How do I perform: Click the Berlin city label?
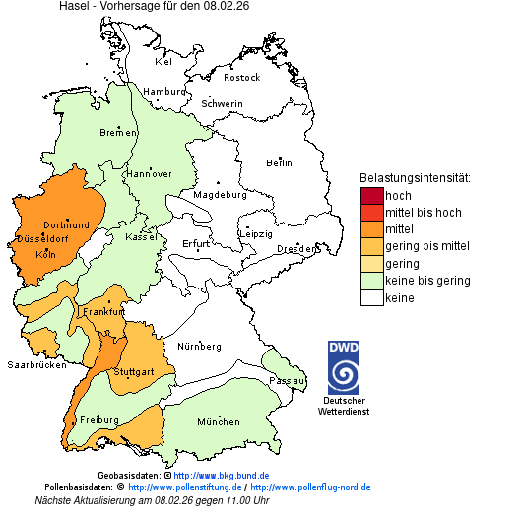(279, 162)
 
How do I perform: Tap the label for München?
(219, 422)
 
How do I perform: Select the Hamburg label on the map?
(164, 92)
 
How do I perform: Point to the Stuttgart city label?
(133, 372)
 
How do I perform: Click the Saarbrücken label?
(36, 364)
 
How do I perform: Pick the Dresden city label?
(295, 249)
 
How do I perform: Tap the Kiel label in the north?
(163, 61)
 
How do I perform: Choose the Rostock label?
(241, 77)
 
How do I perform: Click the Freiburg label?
(98, 420)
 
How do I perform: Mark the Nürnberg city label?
(199, 347)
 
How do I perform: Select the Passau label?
(289, 380)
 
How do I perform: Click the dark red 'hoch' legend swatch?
(371, 196)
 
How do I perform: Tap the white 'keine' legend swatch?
(371, 298)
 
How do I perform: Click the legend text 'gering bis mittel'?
(426, 246)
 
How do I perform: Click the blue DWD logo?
(344, 367)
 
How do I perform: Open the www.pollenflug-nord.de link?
(310, 487)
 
